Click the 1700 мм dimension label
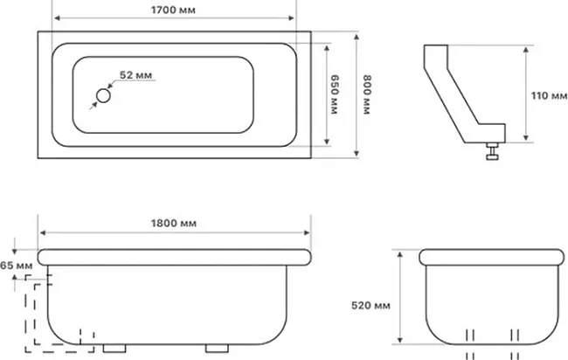(x=173, y=10)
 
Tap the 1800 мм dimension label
(x=174, y=223)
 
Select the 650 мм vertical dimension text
(x=335, y=94)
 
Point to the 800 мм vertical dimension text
(x=367, y=94)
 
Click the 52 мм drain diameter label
(x=135, y=75)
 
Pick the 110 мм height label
(x=549, y=95)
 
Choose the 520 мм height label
(x=371, y=306)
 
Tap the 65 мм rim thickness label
(x=17, y=266)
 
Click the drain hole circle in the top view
(x=103, y=95)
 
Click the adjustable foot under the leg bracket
(x=492, y=150)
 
